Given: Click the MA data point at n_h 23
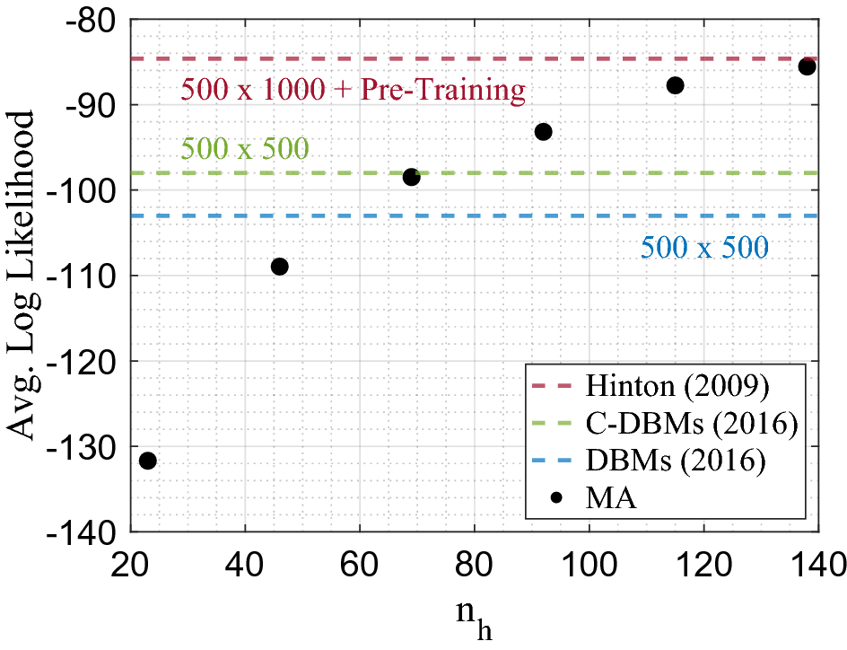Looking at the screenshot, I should click(148, 461).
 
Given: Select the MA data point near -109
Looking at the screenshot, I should click(279, 267).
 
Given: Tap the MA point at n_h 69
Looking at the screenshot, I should click(411, 177).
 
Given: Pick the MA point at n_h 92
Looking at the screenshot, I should click(543, 132).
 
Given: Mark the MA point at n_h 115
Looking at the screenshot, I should click(676, 85).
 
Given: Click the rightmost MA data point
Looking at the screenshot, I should click(807, 67).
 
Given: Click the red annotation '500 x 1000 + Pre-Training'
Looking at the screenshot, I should click(353, 90).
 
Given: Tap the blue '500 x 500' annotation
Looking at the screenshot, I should click(704, 247).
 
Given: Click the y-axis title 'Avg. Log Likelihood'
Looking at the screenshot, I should click(22, 276).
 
